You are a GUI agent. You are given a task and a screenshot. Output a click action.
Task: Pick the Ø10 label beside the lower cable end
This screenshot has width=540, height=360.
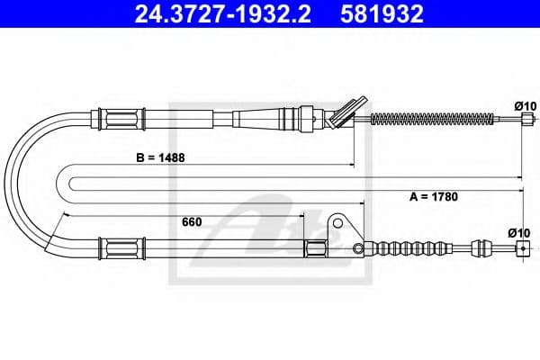click(521, 233)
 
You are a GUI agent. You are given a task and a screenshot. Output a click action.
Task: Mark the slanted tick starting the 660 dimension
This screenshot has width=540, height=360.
click(64, 217)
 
